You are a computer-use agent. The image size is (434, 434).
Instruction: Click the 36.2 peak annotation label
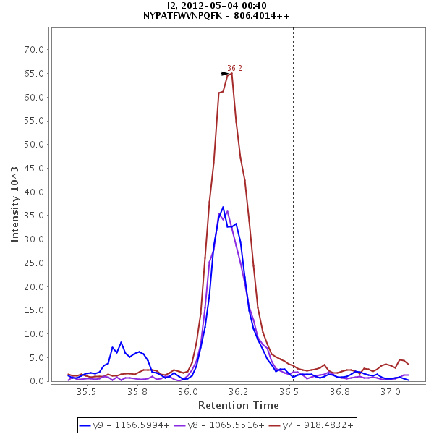234,68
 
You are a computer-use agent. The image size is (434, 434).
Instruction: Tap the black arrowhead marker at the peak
225,73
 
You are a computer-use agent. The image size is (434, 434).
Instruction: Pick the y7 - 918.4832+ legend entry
310,425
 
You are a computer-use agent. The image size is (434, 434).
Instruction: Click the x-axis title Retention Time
238,405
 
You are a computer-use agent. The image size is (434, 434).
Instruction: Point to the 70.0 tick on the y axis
35,50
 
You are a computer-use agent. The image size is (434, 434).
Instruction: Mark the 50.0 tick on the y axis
35,145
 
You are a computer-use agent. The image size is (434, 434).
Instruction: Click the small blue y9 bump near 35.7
121,343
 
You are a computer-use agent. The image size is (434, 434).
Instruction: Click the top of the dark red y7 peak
231,73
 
